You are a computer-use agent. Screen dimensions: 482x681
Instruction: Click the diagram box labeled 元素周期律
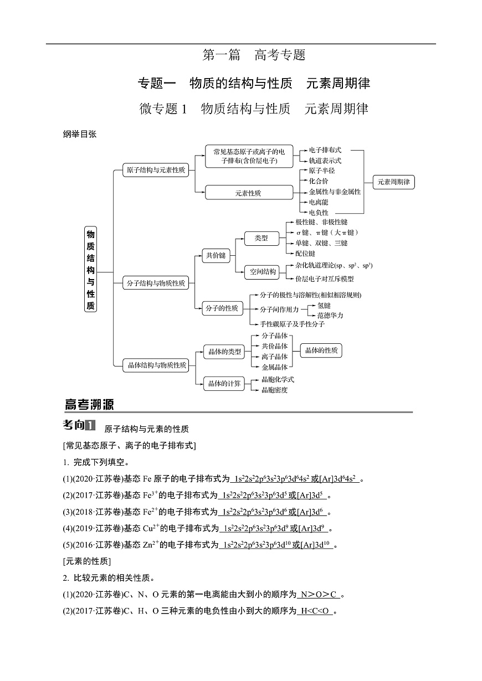tap(394, 182)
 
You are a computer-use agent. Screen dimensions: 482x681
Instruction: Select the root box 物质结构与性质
tap(90, 270)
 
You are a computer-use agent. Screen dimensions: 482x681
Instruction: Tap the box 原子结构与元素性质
tap(156, 171)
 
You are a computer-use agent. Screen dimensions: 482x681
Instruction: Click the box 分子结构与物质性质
tap(156, 283)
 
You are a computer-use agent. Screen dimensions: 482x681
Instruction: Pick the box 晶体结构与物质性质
tap(157, 365)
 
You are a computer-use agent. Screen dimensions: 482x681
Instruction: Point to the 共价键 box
tap(216, 255)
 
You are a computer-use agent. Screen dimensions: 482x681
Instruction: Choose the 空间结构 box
tap(263, 272)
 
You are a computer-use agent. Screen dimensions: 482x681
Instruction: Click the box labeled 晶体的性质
tap(321, 350)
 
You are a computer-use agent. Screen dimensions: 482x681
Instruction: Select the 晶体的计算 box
tap(224, 383)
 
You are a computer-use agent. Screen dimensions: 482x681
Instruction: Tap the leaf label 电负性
tap(319, 212)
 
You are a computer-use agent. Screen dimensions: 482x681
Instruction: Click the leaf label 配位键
tap(305, 253)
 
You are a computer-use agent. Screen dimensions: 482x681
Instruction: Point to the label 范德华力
tap(330, 315)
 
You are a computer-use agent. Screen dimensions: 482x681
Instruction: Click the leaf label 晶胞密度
tap(275, 390)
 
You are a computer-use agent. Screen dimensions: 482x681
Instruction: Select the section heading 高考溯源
tap(89, 405)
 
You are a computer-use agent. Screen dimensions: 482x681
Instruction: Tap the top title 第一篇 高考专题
tap(254, 55)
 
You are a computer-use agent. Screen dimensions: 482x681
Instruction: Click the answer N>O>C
tap(318, 595)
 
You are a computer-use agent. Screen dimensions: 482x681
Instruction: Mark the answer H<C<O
tap(315, 611)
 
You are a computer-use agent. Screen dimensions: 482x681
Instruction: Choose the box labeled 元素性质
tap(248, 193)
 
